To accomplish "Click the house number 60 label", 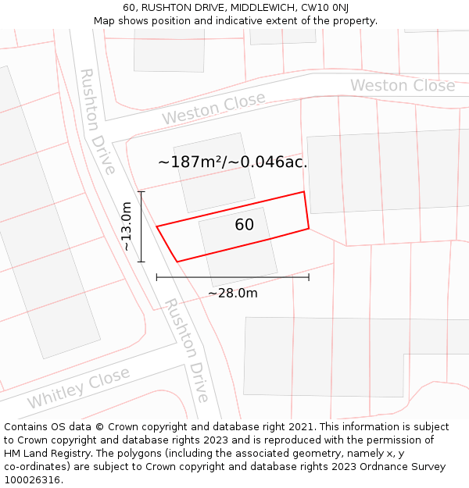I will [244, 225].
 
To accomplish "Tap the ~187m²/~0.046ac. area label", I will [232, 162].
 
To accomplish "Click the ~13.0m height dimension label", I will [127, 226].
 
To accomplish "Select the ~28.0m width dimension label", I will [232, 294].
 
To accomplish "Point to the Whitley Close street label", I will [79, 388].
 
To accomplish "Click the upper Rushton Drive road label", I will [98, 121].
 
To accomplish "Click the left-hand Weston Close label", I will [213, 108].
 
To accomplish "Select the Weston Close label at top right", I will [402, 85].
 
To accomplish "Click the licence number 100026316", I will [32, 480].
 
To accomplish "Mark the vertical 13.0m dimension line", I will [141, 226].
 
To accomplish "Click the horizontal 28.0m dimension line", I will [232, 277].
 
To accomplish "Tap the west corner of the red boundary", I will [157, 226].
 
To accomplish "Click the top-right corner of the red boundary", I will [303, 192].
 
